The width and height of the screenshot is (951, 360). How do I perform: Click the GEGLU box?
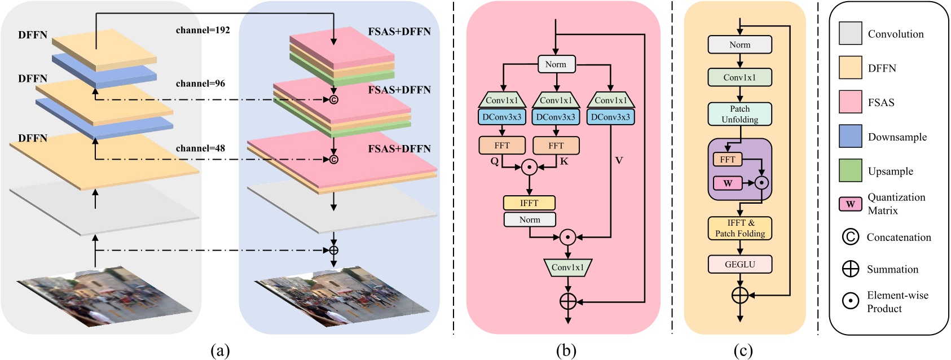739,264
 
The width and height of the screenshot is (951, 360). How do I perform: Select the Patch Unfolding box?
739,114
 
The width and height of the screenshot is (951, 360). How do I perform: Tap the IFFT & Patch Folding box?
739,228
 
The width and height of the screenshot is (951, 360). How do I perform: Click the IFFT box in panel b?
529,203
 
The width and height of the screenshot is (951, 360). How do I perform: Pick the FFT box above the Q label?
501,146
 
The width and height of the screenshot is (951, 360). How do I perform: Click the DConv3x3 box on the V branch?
610,117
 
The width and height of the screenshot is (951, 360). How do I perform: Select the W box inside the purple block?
728,183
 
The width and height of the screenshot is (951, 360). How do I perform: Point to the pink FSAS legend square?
850,102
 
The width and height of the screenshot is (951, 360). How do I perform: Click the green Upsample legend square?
850,170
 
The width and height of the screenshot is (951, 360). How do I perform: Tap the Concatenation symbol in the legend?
850,237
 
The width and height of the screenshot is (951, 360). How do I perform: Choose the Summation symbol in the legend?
850,269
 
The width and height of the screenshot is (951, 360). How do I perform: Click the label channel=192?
202,30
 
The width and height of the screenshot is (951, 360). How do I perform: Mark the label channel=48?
200,148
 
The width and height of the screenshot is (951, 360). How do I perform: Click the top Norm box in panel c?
739,45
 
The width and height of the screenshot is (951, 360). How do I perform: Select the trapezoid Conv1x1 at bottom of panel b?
567,267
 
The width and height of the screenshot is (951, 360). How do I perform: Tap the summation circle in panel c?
739,295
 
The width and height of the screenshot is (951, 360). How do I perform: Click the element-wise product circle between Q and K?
529,167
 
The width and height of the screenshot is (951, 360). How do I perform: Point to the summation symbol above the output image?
333,251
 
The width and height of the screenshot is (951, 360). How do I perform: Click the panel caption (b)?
566,351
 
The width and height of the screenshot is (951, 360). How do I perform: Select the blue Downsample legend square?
850,137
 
